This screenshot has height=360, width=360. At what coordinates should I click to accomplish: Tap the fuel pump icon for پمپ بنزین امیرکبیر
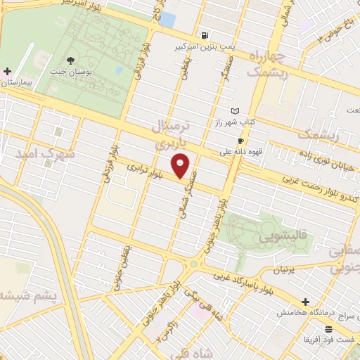point(204,35)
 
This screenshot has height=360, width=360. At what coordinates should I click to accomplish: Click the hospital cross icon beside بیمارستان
point(7,71)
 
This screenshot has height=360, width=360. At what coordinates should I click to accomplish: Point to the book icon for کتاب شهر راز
point(235,111)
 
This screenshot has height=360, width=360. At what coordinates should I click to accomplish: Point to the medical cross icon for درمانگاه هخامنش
point(305,301)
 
